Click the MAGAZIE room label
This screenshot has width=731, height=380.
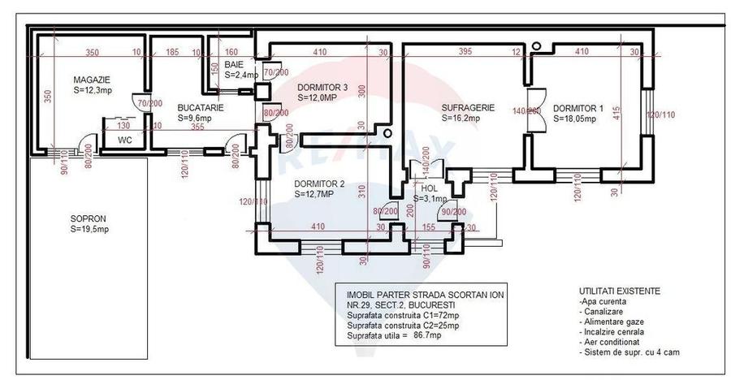pyautogui.click(x=91, y=79)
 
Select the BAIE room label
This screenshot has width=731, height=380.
pyautogui.click(x=234, y=64)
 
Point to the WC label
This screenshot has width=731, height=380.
pyautogui.click(x=125, y=140)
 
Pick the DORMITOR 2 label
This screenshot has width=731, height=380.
pyautogui.click(x=319, y=184)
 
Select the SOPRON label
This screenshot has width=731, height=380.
pyautogui.click(x=88, y=219)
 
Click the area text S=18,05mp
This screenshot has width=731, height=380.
pyautogui.click(x=574, y=118)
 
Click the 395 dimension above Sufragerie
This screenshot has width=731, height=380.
pyautogui.click(x=464, y=52)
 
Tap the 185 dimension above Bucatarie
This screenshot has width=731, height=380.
pyautogui.click(x=171, y=52)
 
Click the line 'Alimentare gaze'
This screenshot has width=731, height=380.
pyautogui.click(x=612, y=322)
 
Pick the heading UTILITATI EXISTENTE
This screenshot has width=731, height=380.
pyautogui.click(x=619, y=290)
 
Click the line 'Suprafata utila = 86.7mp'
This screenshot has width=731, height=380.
pyautogui.click(x=393, y=335)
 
